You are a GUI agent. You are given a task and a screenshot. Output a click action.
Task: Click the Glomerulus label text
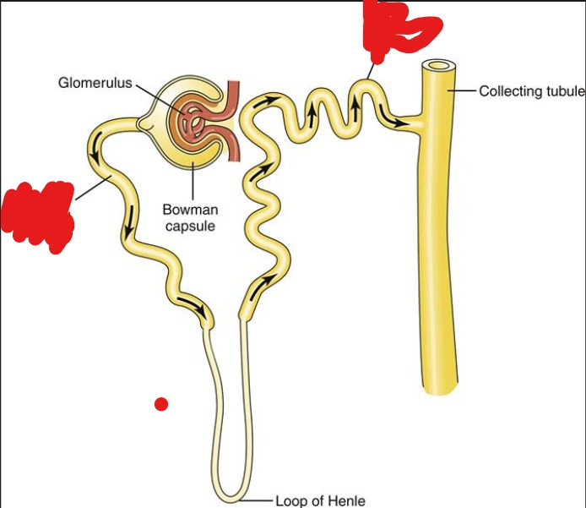(95, 83)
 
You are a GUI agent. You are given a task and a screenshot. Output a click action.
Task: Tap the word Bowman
(190, 210)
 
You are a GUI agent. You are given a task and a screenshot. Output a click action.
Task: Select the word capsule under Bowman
(190, 226)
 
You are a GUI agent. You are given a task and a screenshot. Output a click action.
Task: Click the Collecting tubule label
(532, 91)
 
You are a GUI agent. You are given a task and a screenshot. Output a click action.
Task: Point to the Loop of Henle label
(320, 500)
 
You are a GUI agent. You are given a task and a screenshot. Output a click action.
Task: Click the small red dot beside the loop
(161, 404)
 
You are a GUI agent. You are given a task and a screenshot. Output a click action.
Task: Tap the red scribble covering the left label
(38, 216)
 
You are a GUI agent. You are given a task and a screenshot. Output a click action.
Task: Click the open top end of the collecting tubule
(439, 66)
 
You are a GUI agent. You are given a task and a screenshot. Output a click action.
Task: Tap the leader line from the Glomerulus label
(160, 98)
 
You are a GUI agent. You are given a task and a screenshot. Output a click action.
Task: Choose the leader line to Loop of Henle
(257, 500)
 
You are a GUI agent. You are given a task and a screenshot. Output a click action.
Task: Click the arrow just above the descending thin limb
(192, 305)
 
